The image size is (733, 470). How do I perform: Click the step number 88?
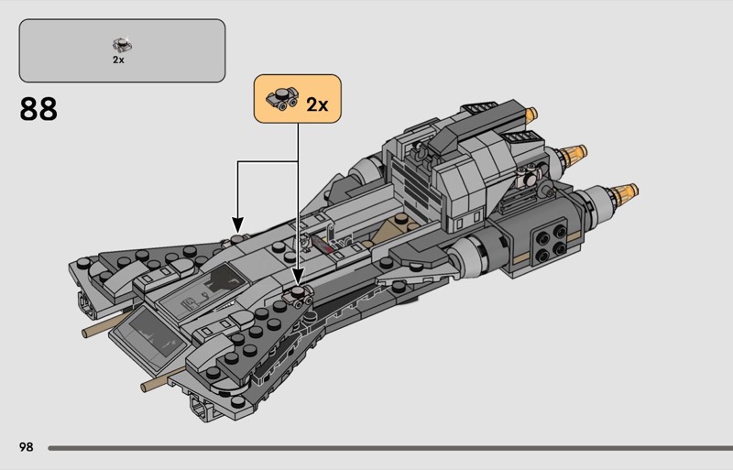coord(38,109)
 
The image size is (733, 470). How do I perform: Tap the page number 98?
coord(26,446)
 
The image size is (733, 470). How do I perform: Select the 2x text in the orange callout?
coord(317,104)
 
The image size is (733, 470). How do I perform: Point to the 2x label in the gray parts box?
coord(118,60)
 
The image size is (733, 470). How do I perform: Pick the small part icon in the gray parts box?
coord(118,43)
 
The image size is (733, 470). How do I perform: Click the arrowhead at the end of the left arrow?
coord(237,224)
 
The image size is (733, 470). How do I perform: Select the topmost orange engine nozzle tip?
coord(531,115)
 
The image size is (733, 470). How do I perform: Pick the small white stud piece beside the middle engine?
coord(530,181)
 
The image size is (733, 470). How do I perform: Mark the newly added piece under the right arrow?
coord(300,294)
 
